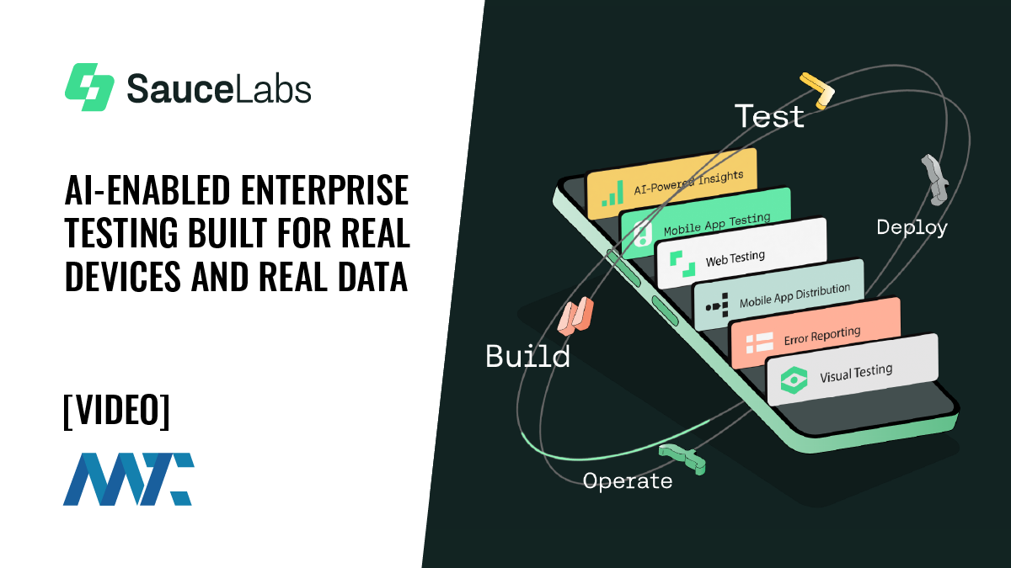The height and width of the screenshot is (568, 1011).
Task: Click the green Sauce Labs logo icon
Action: tap(89, 87)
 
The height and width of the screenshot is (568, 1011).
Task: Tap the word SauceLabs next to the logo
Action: tap(219, 88)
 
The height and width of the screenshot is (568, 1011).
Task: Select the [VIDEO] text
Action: tap(116, 411)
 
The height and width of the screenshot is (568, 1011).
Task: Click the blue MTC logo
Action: tap(128, 479)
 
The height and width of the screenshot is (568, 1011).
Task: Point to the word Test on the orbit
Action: tap(769, 116)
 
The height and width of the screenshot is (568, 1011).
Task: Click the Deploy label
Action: tap(912, 227)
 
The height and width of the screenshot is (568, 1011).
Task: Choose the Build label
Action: tap(528, 356)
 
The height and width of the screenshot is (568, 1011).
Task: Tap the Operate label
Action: tap(628, 480)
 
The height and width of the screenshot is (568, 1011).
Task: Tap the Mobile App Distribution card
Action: tap(779, 294)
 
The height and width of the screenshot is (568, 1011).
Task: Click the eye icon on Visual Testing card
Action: tap(794, 380)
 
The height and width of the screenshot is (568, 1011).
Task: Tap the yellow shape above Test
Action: tap(816, 85)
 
